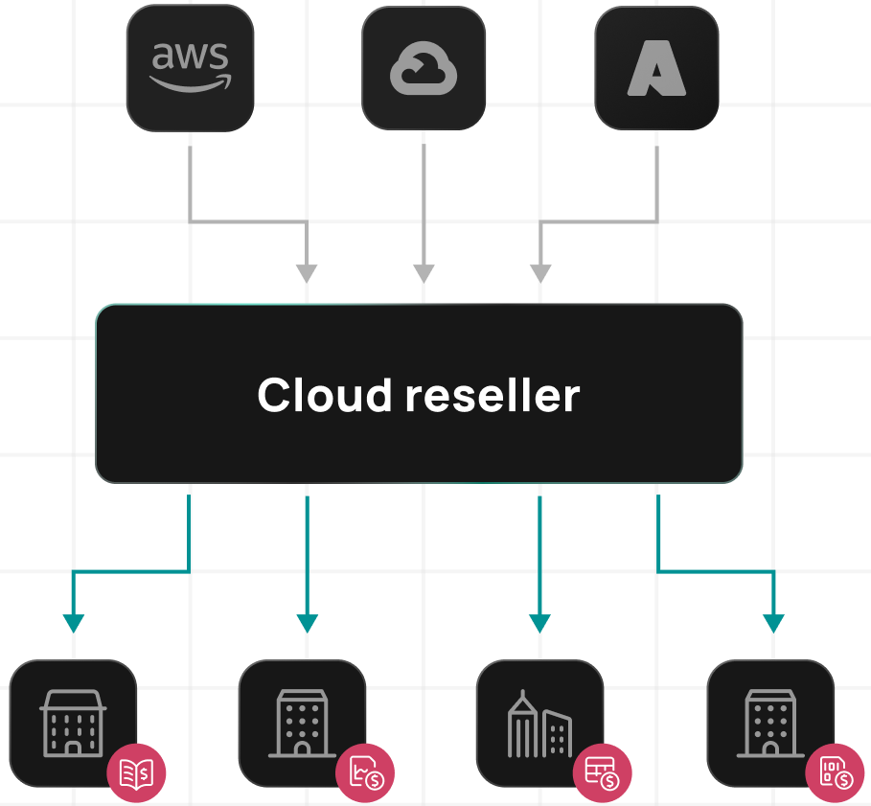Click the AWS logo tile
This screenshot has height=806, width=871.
click(x=190, y=67)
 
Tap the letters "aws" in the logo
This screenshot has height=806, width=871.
click(x=190, y=57)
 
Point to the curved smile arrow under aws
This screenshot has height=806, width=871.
click(x=190, y=83)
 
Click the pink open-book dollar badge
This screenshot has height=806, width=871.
click(x=136, y=772)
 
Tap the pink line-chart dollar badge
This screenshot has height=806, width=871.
click(x=366, y=772)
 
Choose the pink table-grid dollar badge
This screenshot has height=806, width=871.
click(x=603, y=772)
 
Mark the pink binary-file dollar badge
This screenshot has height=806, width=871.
click(x=834, y=772)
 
